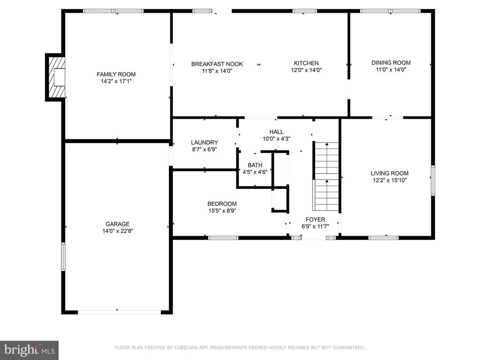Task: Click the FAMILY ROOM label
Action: (x=116, y=74)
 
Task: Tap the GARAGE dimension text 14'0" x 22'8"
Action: (x=118, y=231)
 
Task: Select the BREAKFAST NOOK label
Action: (x=217, y=64)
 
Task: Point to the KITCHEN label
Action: (x=306, y=63)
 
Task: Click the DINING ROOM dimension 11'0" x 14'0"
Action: (x=391, y=69)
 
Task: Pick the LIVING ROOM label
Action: (x=390, y=173)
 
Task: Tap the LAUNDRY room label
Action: (x=204, y=142)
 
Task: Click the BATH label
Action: (x=255, y=165)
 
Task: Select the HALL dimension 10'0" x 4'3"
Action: (x=277, y=139)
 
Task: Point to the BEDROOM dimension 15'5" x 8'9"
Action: (x=222, y=210)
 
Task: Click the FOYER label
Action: (x=315, y=219)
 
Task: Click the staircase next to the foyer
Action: (x=327, y=177)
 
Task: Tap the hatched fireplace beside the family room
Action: (x=55, y=77)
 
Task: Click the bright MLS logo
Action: (x=30, y=350)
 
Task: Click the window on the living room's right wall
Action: (x=433, y=180)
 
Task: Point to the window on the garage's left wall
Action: (x=63, y=256)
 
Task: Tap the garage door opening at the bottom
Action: (x=120, y=312)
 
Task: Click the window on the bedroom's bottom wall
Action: (x=223, y=238)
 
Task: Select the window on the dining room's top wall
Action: (x=390, y=11)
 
